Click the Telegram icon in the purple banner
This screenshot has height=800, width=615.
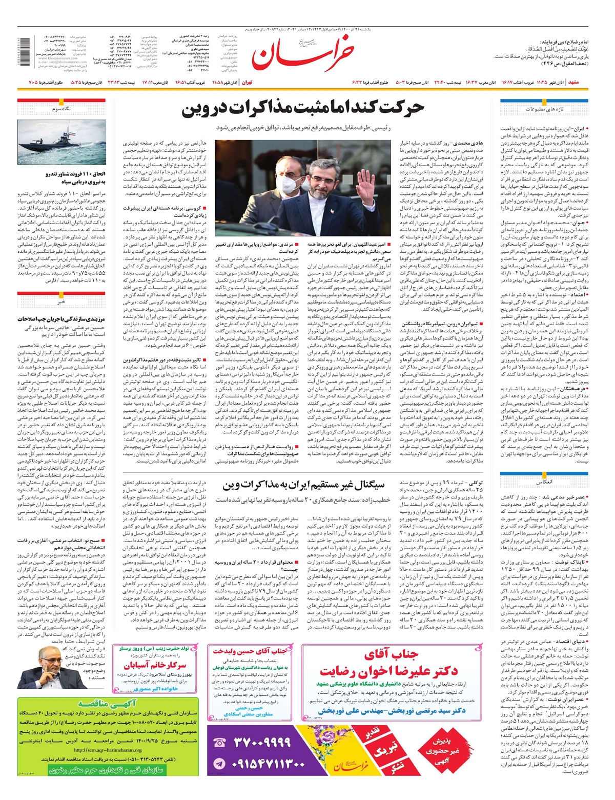click(x=219, y=763)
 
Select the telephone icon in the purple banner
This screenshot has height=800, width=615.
click(x=219, y=743)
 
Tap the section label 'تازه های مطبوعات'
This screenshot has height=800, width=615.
click(x=544, y=109)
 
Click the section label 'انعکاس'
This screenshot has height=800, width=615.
click(x=544, y=483)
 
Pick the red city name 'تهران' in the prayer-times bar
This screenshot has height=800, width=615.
click(x=247, y=82)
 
